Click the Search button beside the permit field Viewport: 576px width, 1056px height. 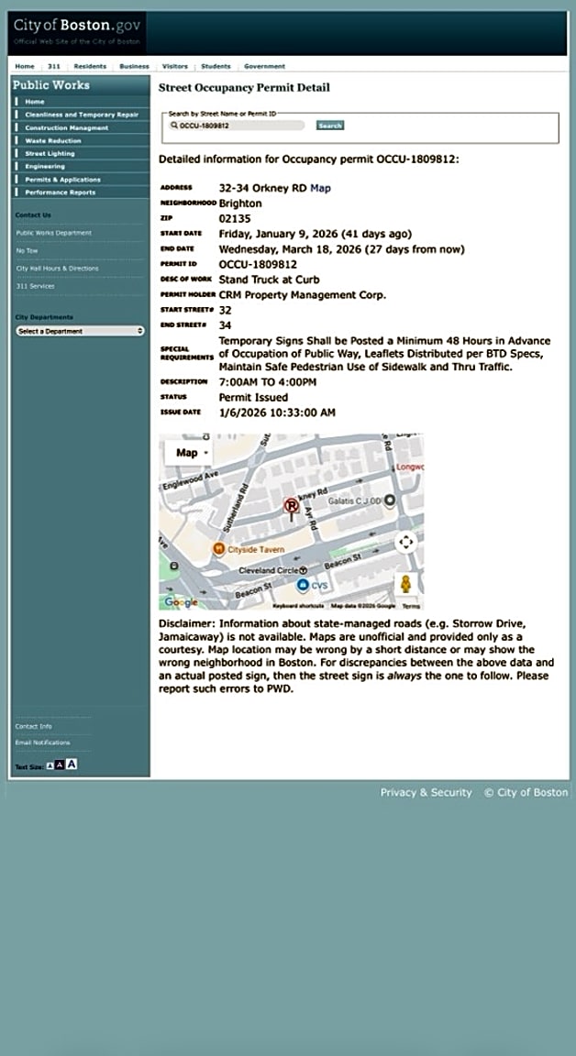pos(329,126)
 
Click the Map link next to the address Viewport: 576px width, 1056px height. pos(320,188)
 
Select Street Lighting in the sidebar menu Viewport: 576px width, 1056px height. pos(51,154)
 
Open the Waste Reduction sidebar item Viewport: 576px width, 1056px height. pos(53,141)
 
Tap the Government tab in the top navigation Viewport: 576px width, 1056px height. pos(264,67)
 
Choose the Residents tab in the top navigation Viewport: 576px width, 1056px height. pos(90,67)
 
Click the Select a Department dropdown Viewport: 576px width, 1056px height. pos(80,331)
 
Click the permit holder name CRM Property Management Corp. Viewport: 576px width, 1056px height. pos(303,294)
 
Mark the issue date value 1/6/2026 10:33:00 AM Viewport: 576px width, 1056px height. pos(277,412)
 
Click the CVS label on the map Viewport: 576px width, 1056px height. pos(319,585)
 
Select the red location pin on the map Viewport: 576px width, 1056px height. pos(292,507)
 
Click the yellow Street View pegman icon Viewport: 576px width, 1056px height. pos(404,584)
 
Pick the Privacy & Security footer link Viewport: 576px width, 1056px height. pos(426,792)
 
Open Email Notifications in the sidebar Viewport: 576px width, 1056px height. pos(42,742)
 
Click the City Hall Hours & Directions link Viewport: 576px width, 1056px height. pos(57,269)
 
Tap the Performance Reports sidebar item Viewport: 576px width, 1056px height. pos(60,192)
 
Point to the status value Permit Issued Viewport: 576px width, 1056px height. pos(253,398)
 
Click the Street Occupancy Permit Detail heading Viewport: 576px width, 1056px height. pos(244,88)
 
